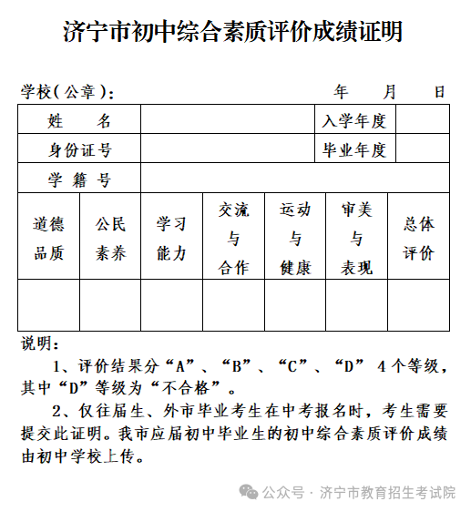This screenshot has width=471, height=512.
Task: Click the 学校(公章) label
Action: coord(67,91)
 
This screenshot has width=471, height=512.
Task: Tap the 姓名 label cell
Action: coord(79,120)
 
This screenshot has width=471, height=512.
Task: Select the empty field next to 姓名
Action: coord(228,120)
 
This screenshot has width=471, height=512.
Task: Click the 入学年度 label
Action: coord(355,120)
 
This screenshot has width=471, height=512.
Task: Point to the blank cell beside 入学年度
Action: coord(422,120)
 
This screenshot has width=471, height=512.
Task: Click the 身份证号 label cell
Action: coord(79,149)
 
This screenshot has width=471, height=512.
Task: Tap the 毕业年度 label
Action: coord(355,149)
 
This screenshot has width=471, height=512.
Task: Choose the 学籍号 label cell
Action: coord(79,179)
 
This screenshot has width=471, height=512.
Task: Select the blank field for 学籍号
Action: coord(294,179)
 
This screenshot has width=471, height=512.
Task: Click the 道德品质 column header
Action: coord(49,238)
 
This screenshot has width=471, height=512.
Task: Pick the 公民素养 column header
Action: coord(110,238)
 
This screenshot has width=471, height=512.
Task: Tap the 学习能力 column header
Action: coord(171,238)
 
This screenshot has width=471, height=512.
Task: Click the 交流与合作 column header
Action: coord(233,238)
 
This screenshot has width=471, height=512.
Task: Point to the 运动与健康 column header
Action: coord(295,238)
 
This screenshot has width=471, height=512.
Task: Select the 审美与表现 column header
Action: coord(356,238)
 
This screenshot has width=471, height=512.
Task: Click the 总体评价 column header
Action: coord(418,238)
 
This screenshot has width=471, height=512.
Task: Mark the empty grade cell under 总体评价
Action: coord(418,305)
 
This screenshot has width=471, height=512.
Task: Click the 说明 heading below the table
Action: coord(40,344)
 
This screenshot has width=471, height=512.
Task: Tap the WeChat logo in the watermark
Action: coord(249,492)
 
